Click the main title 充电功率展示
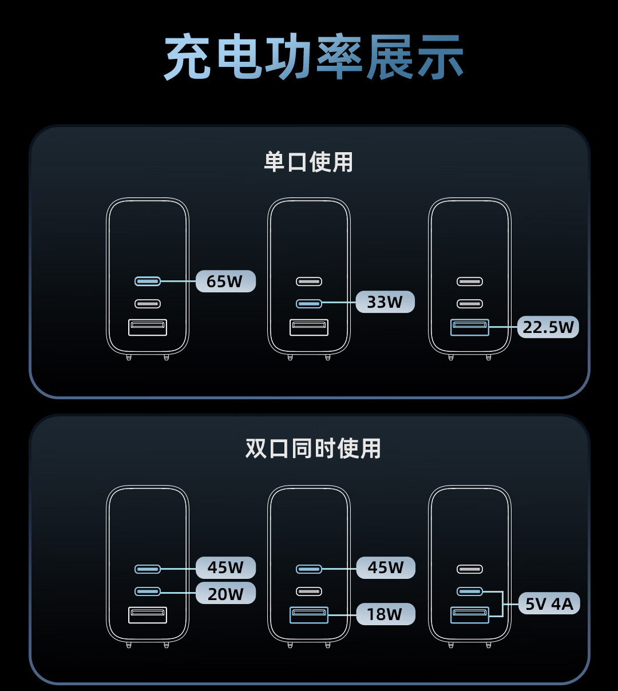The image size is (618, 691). [x=314, y=57]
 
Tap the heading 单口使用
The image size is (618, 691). [x=308, y=162]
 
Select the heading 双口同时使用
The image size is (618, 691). [x=313, y=448]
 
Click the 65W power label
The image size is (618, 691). [x=225, y=281]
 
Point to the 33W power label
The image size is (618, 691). [x=385, y=302]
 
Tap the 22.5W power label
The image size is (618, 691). [x=548, y=327]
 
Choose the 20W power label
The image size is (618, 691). [x=225, y=594]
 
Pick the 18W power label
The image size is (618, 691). [x=385, y=614]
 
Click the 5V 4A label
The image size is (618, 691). [x=549, y=604]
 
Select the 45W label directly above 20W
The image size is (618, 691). [x=225, y=567]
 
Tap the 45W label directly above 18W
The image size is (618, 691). [x=385, y=567]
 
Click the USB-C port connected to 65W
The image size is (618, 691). [x=148, y=281]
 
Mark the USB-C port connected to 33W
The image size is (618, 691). [x=309, y=303]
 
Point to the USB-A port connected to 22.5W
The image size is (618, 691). [x=470, y=327]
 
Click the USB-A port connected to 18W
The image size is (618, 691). [x=309, y=614]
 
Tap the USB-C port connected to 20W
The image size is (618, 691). [x=148, y=591]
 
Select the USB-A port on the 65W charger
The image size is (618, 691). [x=148, y=327]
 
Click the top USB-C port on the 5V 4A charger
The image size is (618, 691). [x=470, y=569]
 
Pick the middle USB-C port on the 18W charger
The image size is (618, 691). [x=309, y=591]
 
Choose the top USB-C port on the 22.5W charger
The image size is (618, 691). [x=470, y=281]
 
